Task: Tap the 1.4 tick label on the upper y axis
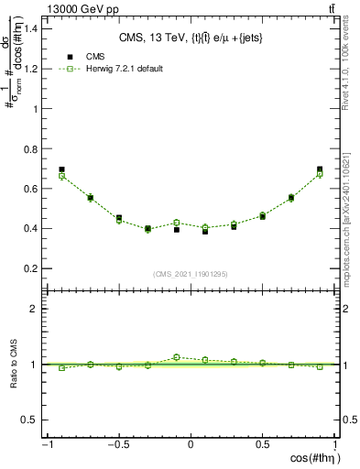(x=29, y=28)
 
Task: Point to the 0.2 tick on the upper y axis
(x=29, y=268)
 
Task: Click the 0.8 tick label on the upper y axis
(x=29, y=148)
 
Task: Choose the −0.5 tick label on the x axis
(x=118, y=444)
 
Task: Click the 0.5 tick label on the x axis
(x=263, y=444)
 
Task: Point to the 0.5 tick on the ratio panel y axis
(x=29, y=420)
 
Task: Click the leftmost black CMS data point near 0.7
(x=61, y=169)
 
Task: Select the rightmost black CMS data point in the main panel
(x=320, y=169)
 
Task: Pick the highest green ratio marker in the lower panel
(x=177, y=357)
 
